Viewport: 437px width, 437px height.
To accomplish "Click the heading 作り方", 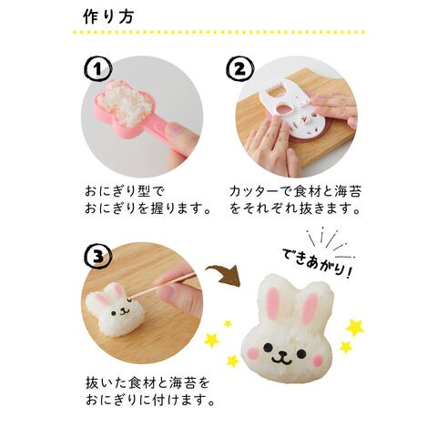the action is (x=108, y=17).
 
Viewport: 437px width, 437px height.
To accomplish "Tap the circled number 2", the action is (x=239, y=70).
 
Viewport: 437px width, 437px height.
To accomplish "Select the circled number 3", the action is (x=97, y=256).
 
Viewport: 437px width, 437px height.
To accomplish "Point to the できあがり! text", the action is (x=317, y=261).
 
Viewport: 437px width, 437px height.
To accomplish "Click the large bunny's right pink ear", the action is (x=310, y=307).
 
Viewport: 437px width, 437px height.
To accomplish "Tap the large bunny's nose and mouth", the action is (x=282, y=359).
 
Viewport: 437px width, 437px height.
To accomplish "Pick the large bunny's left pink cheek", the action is (x=254, y=353).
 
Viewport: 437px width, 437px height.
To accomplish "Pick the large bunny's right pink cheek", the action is (x=318, y=361).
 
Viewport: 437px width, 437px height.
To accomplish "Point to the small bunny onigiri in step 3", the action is (x=115, y=309).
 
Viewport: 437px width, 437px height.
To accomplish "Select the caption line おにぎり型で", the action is (x=125, y=191).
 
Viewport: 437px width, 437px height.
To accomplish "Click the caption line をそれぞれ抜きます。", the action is (x=295, y=209).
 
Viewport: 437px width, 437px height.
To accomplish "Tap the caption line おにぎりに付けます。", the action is (x=150, y=400).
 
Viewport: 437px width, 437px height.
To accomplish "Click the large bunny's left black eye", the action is (x=268, y=348).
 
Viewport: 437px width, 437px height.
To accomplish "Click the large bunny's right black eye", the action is (x=301, y=353).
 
